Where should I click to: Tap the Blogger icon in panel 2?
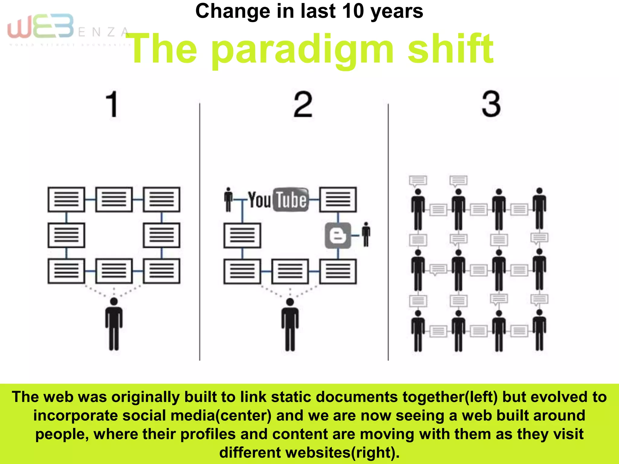point(338,236)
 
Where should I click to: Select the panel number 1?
point(112,104)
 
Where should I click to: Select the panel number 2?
point(303,105)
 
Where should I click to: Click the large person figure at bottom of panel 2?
point(290,324)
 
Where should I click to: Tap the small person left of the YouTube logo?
point(228,200)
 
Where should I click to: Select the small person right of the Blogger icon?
point(366,234)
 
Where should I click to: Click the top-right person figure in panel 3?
point(539,208)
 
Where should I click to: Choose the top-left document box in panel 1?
point(66,200)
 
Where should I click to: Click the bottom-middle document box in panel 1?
point(114,271)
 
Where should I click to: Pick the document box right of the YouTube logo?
point(338,200)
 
